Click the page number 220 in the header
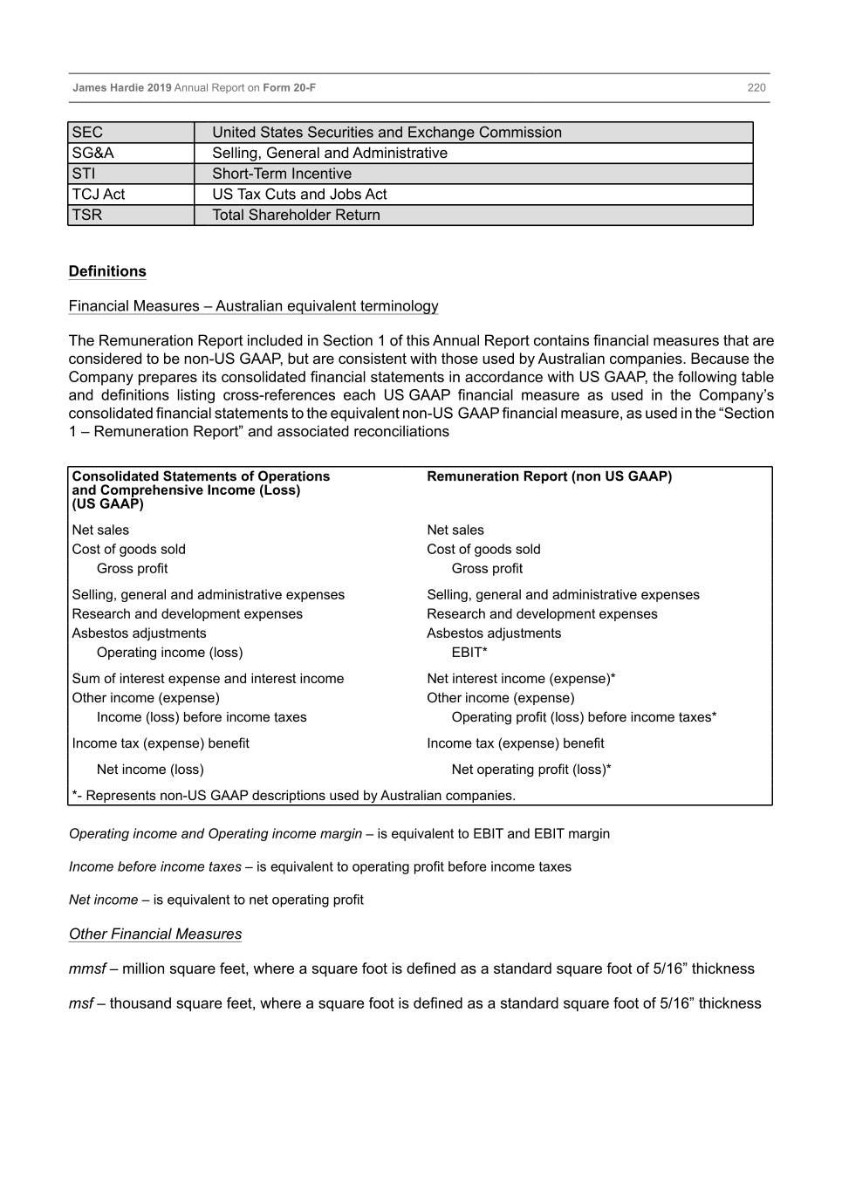(x=756, y=87)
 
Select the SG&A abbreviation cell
(x=93, y=153)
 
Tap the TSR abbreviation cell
(x=87, y=215)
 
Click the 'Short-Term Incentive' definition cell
(x=282, y=174)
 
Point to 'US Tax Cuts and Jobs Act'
(x=299, y=194)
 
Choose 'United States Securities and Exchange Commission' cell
(x=387, y=133)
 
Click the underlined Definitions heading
(x=107, y=271)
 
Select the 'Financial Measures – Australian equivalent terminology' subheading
(x=253, y=306)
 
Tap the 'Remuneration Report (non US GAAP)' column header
(x=549, y=476)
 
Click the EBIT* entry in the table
(x=469, y=653)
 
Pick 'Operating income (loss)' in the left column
(x=169, y=653)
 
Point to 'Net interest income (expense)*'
(x=521, y=679)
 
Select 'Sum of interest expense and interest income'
(x=208, y=679)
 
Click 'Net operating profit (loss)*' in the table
(x=531, y=770)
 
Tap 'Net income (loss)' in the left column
(x=150, y=770)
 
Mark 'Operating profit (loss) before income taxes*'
(x=584, y=717)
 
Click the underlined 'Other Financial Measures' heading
(x=155, y=934)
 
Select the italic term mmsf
(x=87, y=969)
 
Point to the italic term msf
(x=80, y=1003)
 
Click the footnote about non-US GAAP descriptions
(x=294, y=796)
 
